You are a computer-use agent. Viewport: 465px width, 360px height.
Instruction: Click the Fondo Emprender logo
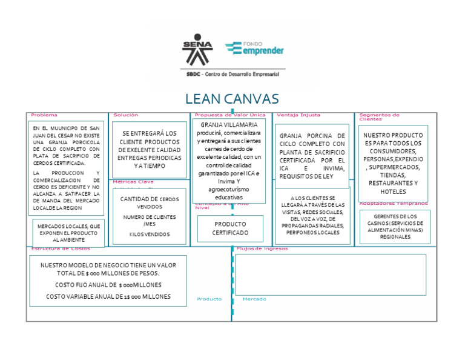254,48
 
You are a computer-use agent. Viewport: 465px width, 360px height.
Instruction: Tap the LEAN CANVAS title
232,99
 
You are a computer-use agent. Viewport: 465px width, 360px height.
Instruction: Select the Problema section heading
44,115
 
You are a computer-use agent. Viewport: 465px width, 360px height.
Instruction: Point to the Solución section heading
125,115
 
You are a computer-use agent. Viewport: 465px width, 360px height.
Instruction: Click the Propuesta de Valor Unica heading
230,115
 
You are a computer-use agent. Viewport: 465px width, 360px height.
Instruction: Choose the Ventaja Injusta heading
298,115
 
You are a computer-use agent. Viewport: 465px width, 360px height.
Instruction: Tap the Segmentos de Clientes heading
379,116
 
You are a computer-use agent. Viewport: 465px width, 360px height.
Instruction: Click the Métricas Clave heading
133,181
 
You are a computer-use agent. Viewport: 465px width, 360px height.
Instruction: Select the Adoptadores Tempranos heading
393,204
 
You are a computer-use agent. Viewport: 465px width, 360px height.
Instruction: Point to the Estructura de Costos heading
61,248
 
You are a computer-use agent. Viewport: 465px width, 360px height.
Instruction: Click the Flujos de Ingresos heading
262,248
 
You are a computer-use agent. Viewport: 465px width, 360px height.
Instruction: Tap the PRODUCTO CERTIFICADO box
230,228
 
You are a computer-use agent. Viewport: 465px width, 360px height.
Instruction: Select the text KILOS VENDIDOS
149,234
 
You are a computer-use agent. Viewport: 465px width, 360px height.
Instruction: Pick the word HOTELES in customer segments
393,192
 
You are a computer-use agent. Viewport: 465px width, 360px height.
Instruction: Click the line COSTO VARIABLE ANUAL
108,296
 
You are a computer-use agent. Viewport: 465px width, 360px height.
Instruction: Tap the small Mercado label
254,299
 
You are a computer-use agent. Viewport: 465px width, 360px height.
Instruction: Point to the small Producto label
209,299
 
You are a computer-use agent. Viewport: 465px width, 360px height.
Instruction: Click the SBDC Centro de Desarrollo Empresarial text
232,74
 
